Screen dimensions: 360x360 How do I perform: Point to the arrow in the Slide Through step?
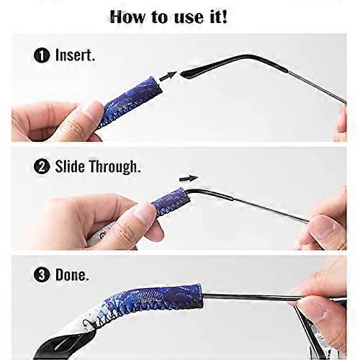(189, 177)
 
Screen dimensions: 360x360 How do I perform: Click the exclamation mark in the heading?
(224, 16)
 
